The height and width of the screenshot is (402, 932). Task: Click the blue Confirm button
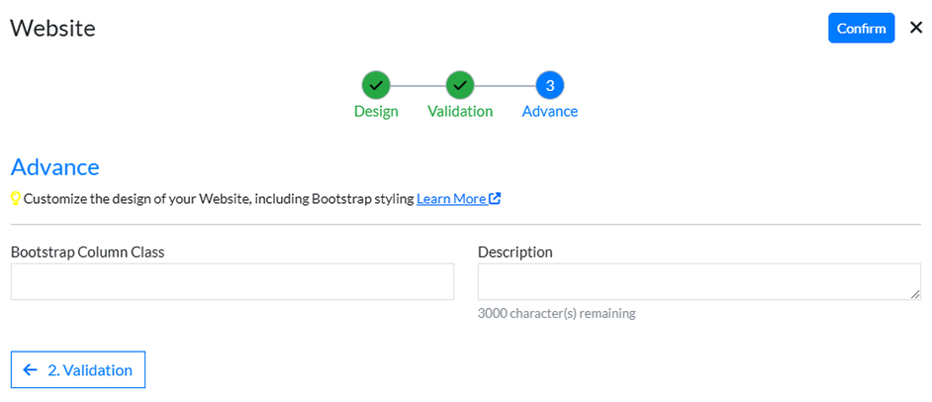[861, 28]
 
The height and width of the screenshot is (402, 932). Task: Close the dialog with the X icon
[915, 28]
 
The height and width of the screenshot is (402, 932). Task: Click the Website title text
[52, 28]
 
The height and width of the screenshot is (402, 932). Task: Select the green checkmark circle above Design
[376, 85]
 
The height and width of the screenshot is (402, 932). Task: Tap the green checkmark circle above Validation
[460, 85]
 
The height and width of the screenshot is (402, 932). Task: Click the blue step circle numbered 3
[550, 85]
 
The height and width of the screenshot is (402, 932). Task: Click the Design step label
[376, 111]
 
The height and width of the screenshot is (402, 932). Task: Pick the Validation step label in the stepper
[460, 111]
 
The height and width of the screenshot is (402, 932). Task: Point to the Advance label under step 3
[550, 111]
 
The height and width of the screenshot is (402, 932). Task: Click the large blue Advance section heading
[55, 166]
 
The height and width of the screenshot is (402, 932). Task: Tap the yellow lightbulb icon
[16, 198]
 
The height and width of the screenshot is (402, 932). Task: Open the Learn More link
[451, 198]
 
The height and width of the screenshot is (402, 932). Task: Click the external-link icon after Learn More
[495, 198]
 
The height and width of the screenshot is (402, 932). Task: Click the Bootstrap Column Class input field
[233, 281]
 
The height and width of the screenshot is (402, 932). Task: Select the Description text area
[699, 281]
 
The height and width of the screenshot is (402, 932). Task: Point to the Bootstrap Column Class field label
[88, 251]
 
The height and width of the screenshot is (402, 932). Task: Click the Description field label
[514, 251]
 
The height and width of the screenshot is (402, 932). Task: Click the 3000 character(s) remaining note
[556, 314]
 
